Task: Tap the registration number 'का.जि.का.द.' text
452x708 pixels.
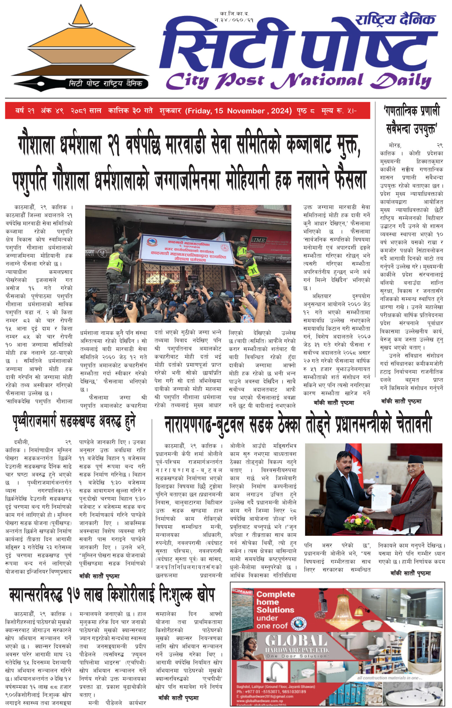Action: pos(234,14)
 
